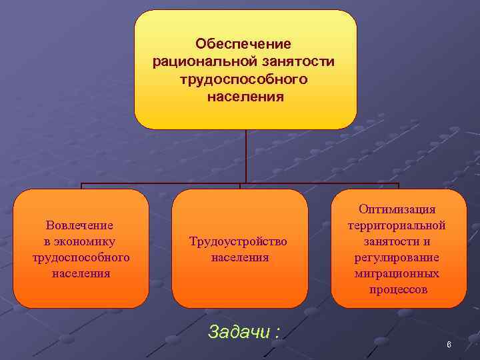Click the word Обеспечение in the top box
pos(243,44)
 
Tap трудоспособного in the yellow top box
pos(243,79)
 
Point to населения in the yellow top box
pos(245,97)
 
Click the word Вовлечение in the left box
pos(79,225)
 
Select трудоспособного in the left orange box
pos(81,257)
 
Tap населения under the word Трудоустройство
pos(240,257)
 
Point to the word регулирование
pos(397,257)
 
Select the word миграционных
pos(397,273)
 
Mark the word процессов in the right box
pos(397,290)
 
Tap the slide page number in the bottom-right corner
pos(449,345)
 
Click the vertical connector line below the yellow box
pos(246,156)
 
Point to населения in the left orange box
pos(81,273)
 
